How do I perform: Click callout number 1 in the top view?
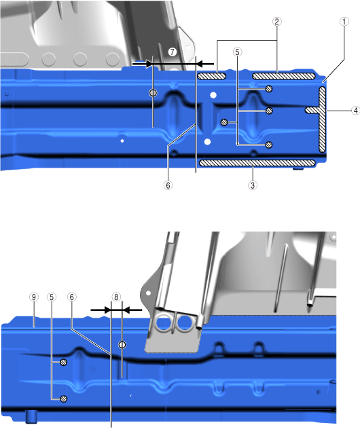pyautogui.click(x=344, y=22)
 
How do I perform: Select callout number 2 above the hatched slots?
pyautogui.click(x=276, y=22)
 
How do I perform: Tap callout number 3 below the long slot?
pyautogui.click(x=253, y=185)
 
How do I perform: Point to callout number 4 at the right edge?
pyautogui.click(x=356, y=111)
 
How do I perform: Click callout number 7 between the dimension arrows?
pyautogui.click(x=173, y=52)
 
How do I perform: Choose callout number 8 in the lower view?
pyautogui.click(x=116, y=297)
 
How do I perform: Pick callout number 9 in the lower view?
pyautogui.click(x=34, y=297)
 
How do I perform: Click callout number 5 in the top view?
pyautogui.click(x=237, y=52)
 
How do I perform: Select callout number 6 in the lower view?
pyautogui.click(x=72, y=297)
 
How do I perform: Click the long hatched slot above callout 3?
pyautogui.click(x=257, y=163)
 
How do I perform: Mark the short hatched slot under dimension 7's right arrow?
pyautogui.click(x=212, y=76)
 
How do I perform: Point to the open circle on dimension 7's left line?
pyautogui.click(x=153, y=93)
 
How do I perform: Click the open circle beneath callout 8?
pyautogui.click(x=122, y=345)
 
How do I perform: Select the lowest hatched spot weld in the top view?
pyautogui.click(x=269, y=145)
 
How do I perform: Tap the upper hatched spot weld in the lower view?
pyautogui.click(x=64, y=362)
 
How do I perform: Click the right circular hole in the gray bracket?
pyautogui.click(x=185, y=323)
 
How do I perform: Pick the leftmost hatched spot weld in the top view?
pyautogui.click(x=224, y=122)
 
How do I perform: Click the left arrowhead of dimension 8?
pyautogui.click(x=107, y=310)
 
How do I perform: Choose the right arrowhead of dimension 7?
pyautogui.click(x=200, y=64)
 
